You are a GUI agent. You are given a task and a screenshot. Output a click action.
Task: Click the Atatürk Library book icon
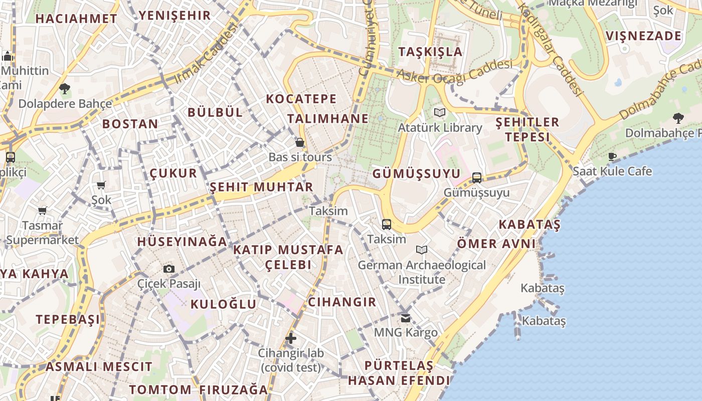(440, 113)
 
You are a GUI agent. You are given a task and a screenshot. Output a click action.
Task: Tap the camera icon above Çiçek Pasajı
(169, 269)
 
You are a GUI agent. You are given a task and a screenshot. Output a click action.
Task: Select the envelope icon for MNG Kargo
(406, 318)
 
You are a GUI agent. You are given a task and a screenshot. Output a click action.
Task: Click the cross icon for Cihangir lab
(291, 338)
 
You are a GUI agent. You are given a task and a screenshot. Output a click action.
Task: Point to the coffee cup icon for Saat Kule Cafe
(612, 156)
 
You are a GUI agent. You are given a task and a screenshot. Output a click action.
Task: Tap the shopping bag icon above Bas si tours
(300, 143)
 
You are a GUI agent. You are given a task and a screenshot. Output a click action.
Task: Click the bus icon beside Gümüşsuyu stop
(477, 178)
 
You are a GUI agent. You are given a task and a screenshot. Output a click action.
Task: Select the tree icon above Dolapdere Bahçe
(64, 89)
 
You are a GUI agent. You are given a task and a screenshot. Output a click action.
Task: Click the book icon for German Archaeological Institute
(422, 250)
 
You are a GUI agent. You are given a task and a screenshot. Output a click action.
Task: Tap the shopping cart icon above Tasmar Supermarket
(43, 211)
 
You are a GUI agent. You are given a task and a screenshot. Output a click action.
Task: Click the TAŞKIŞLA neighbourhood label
(430, 52)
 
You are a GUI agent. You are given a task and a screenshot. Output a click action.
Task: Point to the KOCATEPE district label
(301, 99)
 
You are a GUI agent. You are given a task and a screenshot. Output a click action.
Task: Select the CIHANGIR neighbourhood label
(342, 302)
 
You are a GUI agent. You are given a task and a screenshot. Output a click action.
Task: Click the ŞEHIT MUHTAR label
(261, 187)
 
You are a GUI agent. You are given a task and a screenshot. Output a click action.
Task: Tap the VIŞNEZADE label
(643, 36)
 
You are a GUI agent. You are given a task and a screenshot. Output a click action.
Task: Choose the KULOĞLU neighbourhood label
(224, 304)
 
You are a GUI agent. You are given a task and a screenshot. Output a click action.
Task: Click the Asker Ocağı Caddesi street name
(454, 71)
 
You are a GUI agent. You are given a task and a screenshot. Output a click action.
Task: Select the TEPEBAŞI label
(68, 319)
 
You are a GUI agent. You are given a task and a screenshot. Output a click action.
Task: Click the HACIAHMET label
(77, 19)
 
